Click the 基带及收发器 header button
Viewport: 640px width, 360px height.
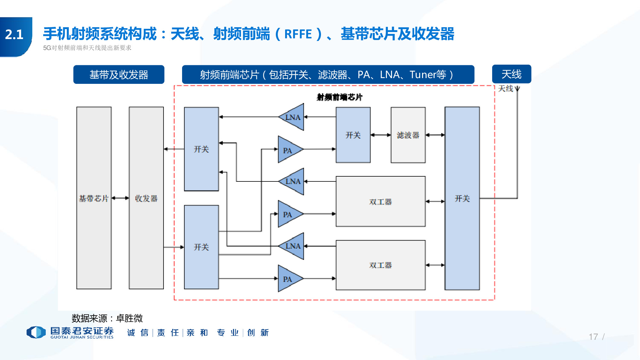pos(119,75)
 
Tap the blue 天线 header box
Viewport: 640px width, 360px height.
pos(511,74)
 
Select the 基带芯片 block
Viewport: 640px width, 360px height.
pos(94,198)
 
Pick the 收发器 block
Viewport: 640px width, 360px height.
pos(146,198)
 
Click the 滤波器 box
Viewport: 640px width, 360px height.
pos(408,135)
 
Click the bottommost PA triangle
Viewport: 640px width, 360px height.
pos(288,279)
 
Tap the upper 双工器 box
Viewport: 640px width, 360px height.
pos(380,202)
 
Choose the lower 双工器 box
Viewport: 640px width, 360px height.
pos(380,265)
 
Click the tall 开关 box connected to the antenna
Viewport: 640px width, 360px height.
pos(462,198)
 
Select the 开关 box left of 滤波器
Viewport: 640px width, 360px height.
pos(353,135)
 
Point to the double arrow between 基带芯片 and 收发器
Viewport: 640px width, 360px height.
pos(120,198)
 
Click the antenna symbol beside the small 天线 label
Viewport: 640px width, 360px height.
pos(517,89)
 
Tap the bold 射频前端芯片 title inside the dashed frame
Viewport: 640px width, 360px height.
pos(340,97)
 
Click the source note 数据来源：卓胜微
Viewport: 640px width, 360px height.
pos(107,318)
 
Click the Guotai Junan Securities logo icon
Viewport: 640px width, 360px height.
pos(36,332)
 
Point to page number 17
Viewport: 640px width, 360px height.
pos(593,337)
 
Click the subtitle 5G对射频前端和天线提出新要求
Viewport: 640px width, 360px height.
pos(87,48)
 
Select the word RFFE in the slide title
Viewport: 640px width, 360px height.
pos(298,34)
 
